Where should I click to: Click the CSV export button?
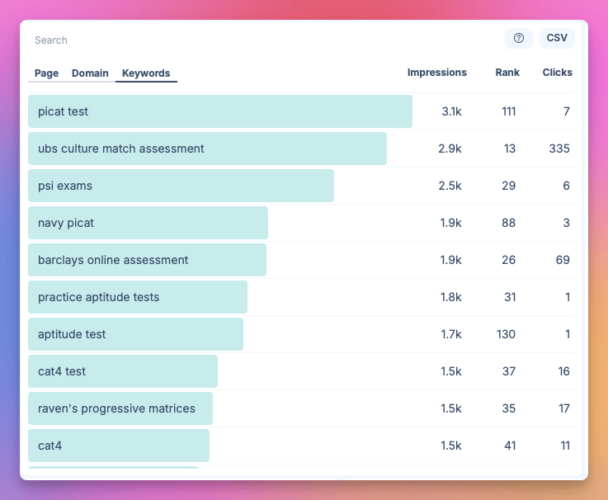pyautogui.click(x=557, y=38)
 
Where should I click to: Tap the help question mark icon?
pyautogui.click(x=519, y=38)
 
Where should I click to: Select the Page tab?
pyautogui.click(x=46, y=73)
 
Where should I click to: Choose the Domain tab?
pyautogui.click(x=90, y=73)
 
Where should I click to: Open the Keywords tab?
pyautogui.click(x=146, y=73)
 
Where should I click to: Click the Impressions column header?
pyautogui.click(x=436, y=73)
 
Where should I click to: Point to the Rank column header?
pyautogui.click(x=507, y=73)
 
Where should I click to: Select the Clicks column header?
pyautogui.click(x=557, y=73)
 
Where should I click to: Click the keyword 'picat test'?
pyautogui.click(x=64, y=111)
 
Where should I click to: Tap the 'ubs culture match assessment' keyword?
pyautogui.click(x=121, y=149)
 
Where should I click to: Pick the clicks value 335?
pyautogui.click(x=559, y=149)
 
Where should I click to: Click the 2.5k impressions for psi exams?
pyautogui.click(x=450, y=186)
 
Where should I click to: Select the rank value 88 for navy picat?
pyautogui.click(x=507, y=223)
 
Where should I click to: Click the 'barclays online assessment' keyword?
pyautogui.click(x=113, y=260)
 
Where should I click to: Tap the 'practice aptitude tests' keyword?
pyautogui.click(x=99, y=297)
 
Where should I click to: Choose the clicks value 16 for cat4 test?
pyautogui.click(x=563, y=371)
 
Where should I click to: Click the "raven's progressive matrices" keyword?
pyautogui.click(x=116, y=408)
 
